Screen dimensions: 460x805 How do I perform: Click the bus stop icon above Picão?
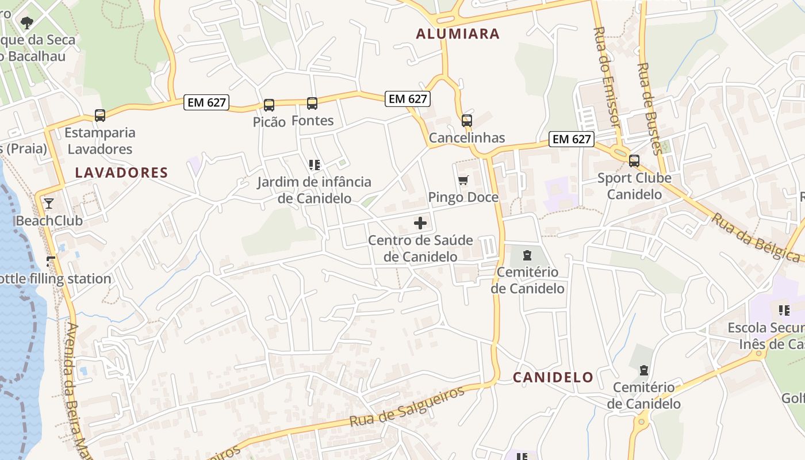coord(269,105)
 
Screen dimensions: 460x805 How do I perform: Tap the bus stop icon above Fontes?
coord(312,103)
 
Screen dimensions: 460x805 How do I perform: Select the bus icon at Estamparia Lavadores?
coord(100,116)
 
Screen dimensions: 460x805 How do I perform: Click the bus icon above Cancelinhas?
coord(466,121)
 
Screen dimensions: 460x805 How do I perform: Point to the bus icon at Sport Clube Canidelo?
coord(634,161)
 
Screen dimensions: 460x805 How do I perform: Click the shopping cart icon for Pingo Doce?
coord(463,181)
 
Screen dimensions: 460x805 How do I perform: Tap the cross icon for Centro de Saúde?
coord(420,223)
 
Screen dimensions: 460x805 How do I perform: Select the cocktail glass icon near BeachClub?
coord(49,203)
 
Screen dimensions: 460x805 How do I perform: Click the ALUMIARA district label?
coord(458,34)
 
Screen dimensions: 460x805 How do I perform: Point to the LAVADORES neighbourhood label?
coord(121,172)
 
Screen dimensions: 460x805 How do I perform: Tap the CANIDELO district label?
coord(553,377)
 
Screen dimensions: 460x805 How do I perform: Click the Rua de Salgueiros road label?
coord(407,407)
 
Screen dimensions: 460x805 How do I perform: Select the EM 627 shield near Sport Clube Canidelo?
coord(571,139)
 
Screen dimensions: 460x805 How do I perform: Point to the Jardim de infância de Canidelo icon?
coord(314,166)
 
